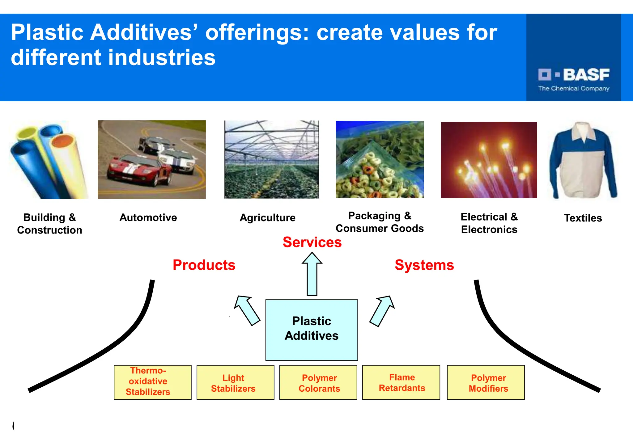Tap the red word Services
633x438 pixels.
[x=312, y=242]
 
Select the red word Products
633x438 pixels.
[x=204, y=265]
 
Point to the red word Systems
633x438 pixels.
[x=424, y=265]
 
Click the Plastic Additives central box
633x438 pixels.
[x=312, y=330]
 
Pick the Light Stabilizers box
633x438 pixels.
[x=235, y=382]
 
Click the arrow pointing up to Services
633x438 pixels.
[x=312, y=274]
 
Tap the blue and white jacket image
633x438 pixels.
[x=583, y=161]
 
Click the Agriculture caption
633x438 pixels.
[x=267, y=218]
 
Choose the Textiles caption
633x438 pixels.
[x=583, y=218]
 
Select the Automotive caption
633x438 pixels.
[x=148, y=217]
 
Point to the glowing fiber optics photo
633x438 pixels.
[x=489, y=160]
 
